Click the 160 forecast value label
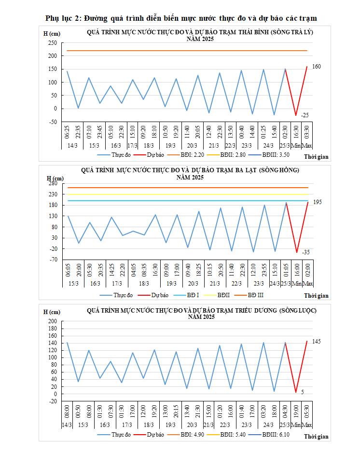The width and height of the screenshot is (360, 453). click(x=316, y=67)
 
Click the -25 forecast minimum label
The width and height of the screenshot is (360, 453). click(x=305, y=115)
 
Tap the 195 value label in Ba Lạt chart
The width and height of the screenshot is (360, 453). click(x=318, y=202)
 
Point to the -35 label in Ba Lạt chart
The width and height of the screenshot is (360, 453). click(x=306, y=252)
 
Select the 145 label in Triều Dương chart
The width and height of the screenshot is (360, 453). click(x=317, y=342)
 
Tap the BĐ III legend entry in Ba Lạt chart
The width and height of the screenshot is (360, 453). click(x=256, y=295)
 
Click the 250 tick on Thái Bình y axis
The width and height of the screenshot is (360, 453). click(x=52, y=43)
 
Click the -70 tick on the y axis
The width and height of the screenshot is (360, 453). click(x=53, y=260)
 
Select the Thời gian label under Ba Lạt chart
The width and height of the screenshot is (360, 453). click(x=316, y=296)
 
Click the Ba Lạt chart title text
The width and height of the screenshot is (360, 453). click(x=190, y=170)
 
